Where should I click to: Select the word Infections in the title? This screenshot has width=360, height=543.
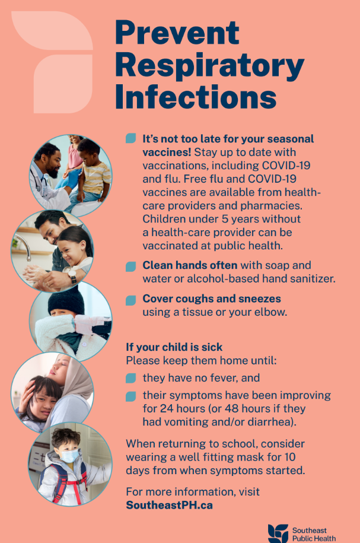(x=196, y=96)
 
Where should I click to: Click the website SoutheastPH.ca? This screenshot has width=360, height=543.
(x=169, y=505)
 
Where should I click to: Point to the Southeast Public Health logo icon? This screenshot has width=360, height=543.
(x=278, y=532)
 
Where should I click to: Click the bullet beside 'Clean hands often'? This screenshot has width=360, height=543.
(x=130, y=266)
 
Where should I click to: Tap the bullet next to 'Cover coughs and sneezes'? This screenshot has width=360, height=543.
(x=130, y=300)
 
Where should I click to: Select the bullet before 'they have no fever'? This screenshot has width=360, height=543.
(x=130, y=378)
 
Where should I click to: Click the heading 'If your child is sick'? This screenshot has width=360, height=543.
(x=174, y=347)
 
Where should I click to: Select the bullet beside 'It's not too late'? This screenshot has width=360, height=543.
(x=130, y=139)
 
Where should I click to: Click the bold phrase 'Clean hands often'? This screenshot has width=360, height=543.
(x=190, y=265)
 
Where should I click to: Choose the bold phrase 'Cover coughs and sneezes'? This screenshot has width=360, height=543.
(x=212, y=299)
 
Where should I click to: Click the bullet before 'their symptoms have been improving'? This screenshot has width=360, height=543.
(x=130, y=396)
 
